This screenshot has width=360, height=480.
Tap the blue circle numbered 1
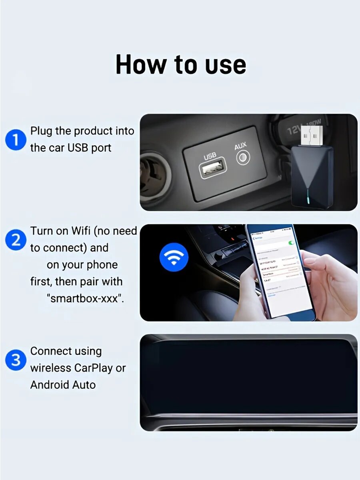click(x=16, y=140)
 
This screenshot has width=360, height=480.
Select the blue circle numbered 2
click(x=16, y=240)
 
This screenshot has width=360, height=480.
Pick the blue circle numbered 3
click(x=16, y=360)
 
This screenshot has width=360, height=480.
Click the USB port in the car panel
click(x=213, y=170)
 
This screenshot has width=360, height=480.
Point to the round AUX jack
click(x=242, y=158)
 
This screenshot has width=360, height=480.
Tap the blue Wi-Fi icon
click(x=174, y=257)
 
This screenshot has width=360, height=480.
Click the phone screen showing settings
click(x=278, y=272)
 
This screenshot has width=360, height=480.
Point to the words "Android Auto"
click(x=63, y=385)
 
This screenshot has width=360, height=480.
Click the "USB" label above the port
click(x=210, y=156)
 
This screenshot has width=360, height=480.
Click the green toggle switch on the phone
click(x=291, y=243)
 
